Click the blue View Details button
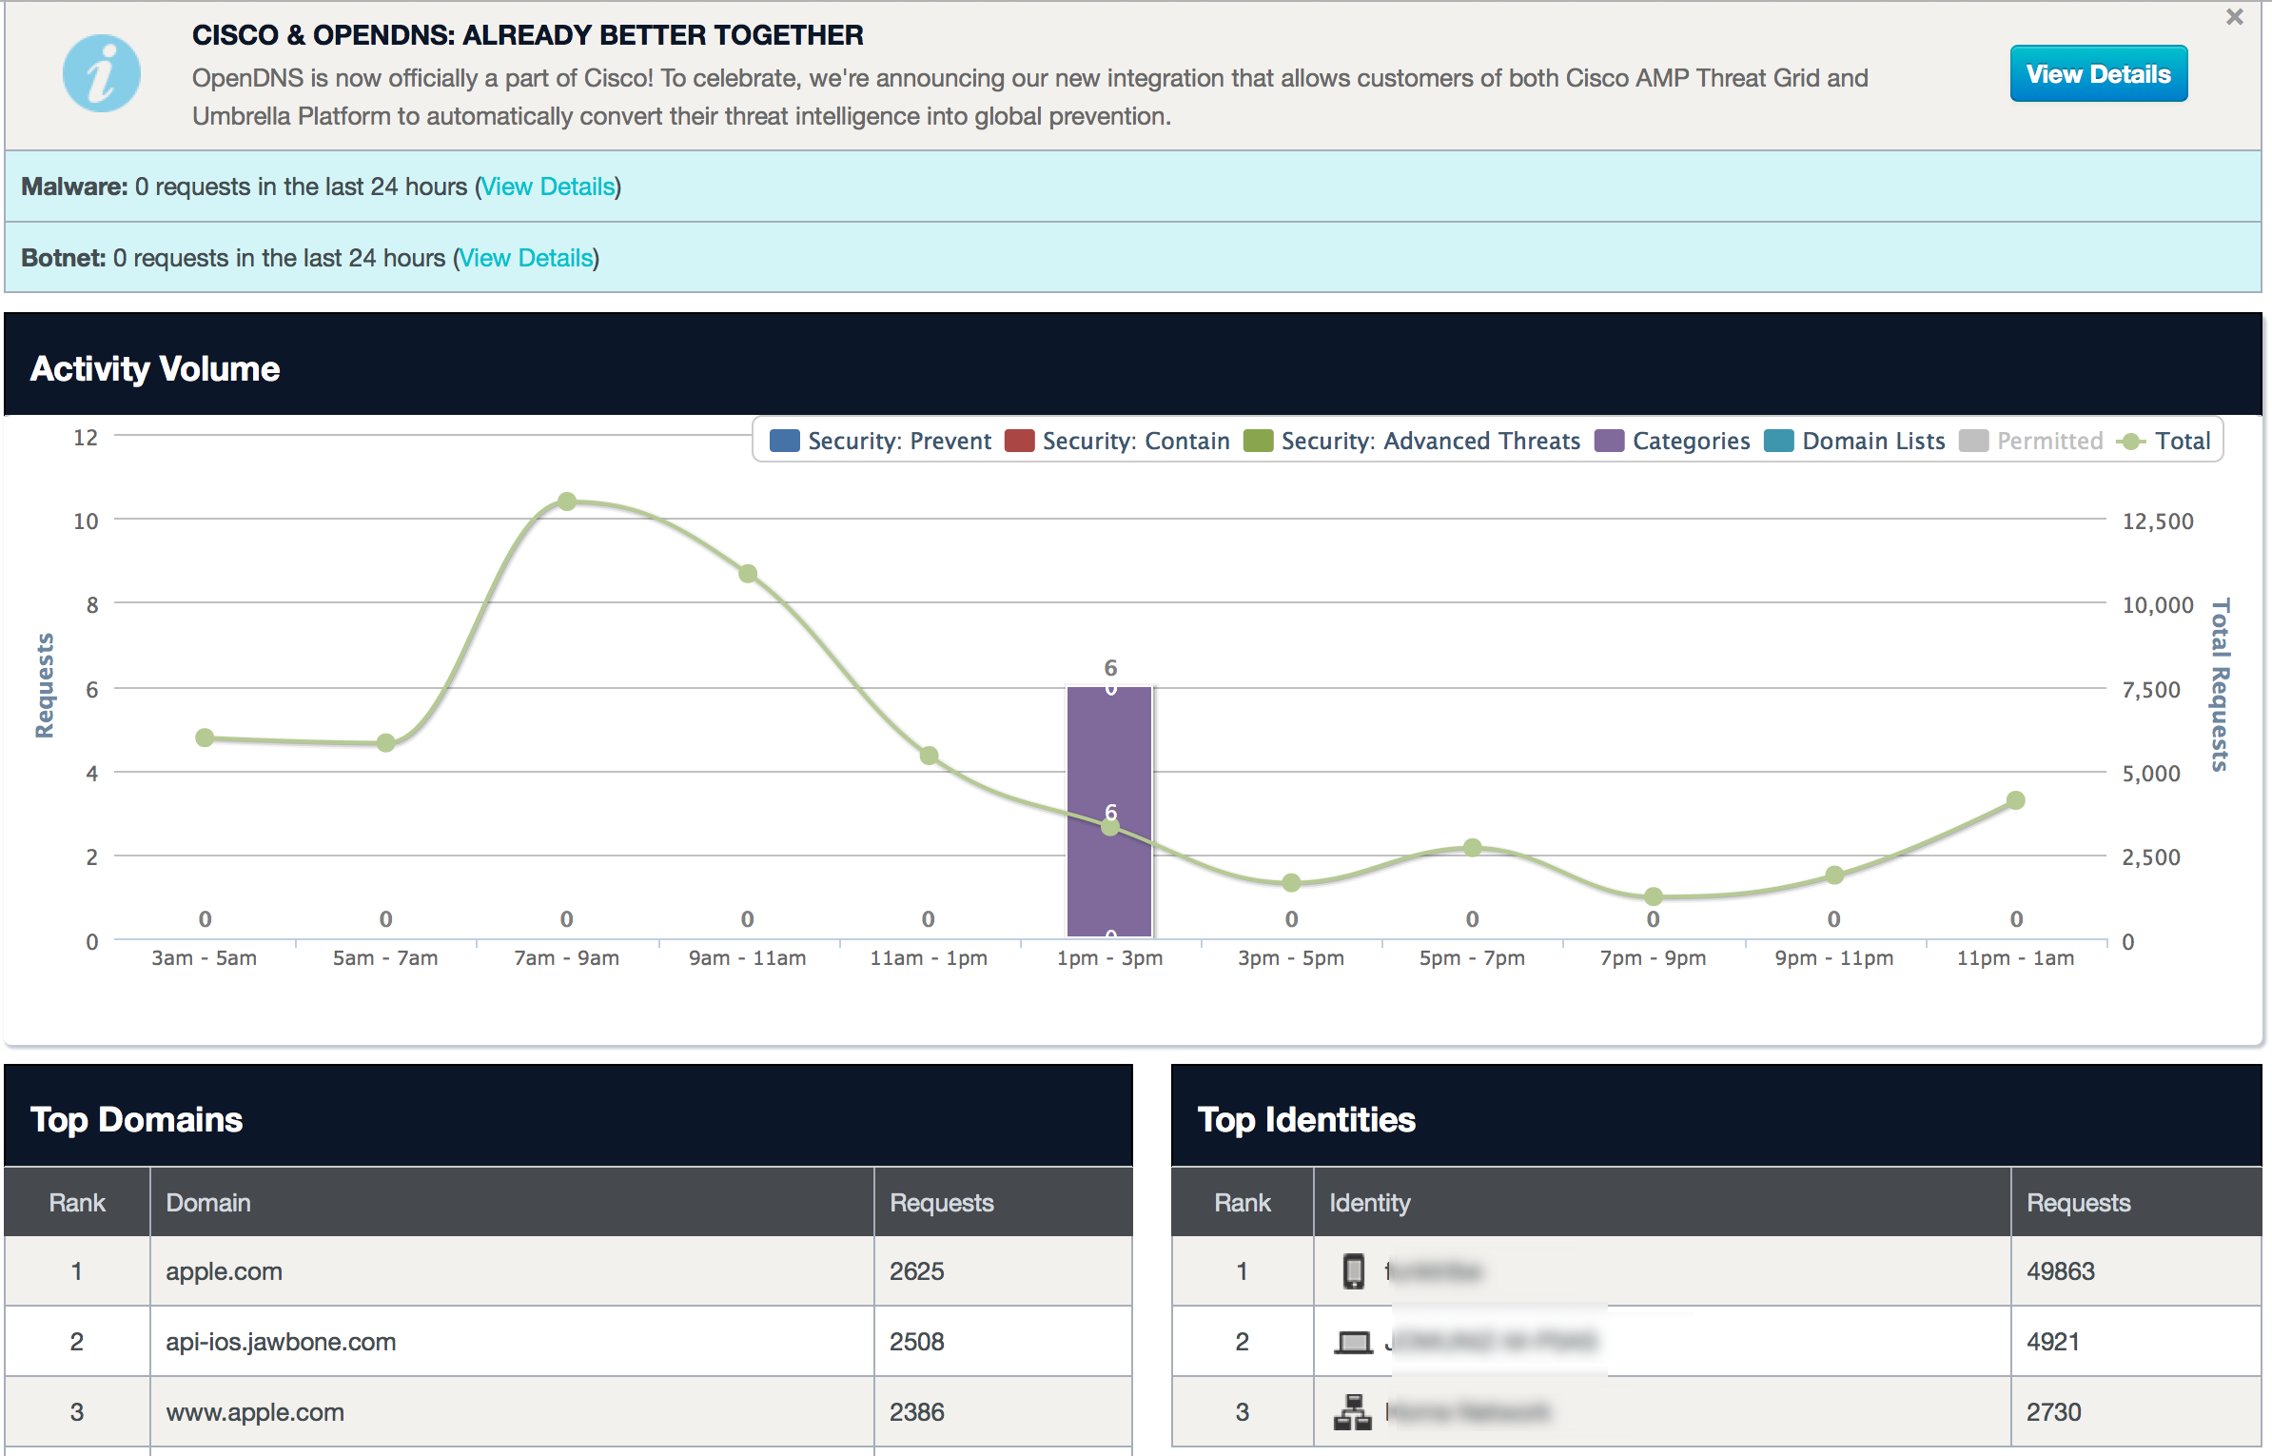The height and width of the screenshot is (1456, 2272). [x=2098, y=74]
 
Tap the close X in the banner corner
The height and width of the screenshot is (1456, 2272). [x=2235, y=17]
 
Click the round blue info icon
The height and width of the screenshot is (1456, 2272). [x=101, y=74]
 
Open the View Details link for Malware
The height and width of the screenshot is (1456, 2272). [x=548, y=187]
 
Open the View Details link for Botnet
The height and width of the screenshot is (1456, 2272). [x=526, y=258]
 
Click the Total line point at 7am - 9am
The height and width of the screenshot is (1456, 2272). [x=567, y=502]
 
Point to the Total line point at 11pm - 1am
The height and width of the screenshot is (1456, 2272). [x=2015, y=800]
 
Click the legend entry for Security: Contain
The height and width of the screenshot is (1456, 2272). [x=1118, y=442]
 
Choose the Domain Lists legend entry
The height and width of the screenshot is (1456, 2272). [x=1855, y=442]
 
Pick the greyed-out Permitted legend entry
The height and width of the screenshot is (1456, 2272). [x=2032, y=442]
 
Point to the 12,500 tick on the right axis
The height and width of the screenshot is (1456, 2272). [x=2158, y=521]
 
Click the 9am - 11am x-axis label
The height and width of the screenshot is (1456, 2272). [x=748, y=958]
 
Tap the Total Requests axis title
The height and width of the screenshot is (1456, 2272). [x=2220, y=685]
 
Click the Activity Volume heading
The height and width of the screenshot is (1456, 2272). [x=155, y=369]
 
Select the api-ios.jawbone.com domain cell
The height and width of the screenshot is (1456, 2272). [x=281, y=1342]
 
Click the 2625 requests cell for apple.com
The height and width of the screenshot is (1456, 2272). [x=917, y=1271]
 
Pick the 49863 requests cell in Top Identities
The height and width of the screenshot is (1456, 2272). [x=2061, y=1271]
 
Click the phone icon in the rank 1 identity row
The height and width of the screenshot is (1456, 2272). [x=1353, y=1271]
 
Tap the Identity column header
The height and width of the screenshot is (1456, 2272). [x=1370, y=1203]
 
